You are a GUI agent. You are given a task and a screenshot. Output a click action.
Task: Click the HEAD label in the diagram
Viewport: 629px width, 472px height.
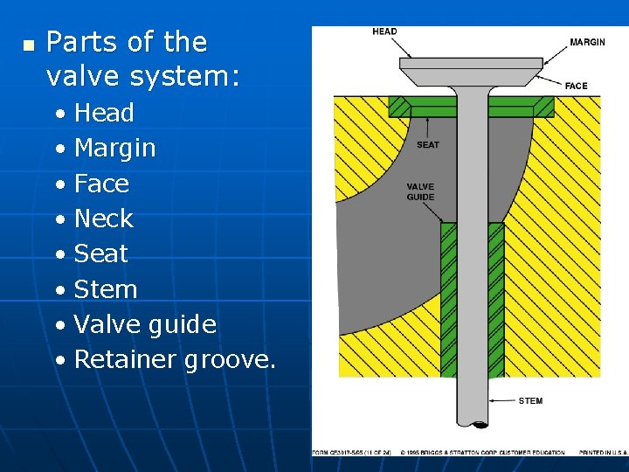[384, 32]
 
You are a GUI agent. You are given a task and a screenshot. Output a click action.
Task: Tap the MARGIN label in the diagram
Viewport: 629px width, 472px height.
[587, 43]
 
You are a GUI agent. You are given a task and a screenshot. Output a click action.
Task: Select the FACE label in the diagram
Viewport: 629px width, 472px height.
[577, 86]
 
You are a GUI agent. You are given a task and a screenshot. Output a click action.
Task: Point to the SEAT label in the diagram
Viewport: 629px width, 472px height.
[428, 145]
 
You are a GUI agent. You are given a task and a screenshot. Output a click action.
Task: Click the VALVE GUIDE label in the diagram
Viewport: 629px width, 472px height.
[420, 191]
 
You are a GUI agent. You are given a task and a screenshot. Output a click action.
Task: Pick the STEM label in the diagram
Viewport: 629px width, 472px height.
[530, 401]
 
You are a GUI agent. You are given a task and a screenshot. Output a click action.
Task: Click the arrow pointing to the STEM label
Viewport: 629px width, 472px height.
[501, 401]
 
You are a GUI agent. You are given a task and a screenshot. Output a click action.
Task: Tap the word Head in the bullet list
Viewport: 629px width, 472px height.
[104, 113]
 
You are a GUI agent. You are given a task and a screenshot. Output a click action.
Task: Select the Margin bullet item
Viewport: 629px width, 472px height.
[115, 149]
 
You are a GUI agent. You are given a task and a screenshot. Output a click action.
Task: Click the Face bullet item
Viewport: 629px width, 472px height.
[101, 184]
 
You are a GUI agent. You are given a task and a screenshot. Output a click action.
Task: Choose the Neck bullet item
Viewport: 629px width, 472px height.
[104, 219]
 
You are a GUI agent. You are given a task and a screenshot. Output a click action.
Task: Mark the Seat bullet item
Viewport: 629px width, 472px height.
[101, 253]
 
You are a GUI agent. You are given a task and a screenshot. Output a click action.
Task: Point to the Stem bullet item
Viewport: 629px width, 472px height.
[106, 289]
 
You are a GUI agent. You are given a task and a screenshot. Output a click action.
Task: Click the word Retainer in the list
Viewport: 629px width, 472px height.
[126, 359]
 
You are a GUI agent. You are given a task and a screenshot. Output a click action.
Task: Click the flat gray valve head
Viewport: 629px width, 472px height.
[471, 66]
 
